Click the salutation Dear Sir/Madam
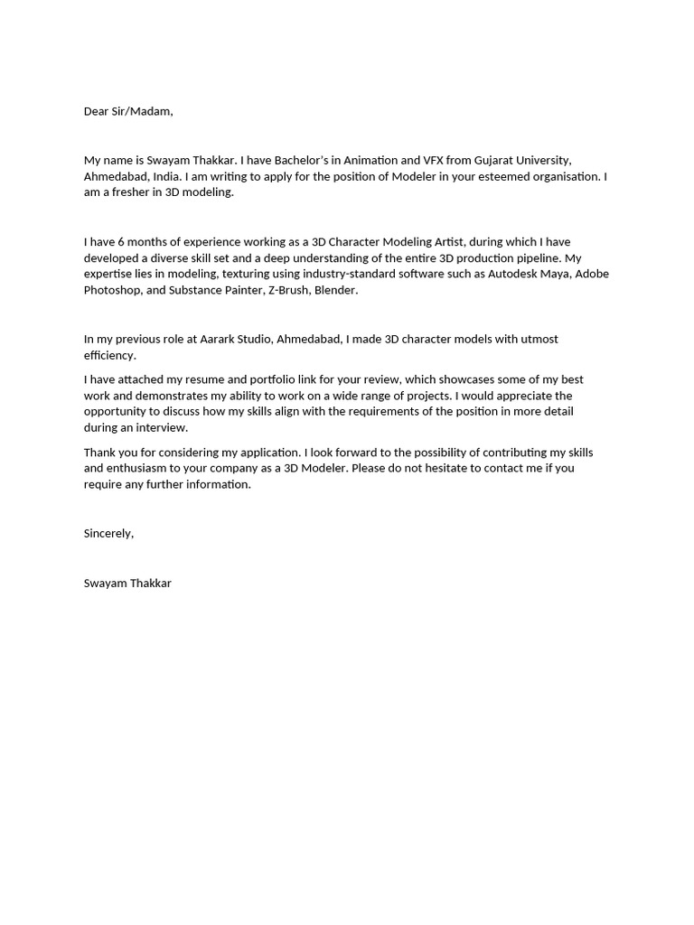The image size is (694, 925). coord(127,111)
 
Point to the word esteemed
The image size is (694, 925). coord(502,176)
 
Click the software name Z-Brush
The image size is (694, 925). coord(287,290)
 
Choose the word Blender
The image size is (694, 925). coord(336,290)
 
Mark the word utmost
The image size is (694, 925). coord(539,339)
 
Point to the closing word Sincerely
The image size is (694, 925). coord(108,533)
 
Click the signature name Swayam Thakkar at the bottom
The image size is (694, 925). coord(127,583)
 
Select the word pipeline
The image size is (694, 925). coord(529,257)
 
